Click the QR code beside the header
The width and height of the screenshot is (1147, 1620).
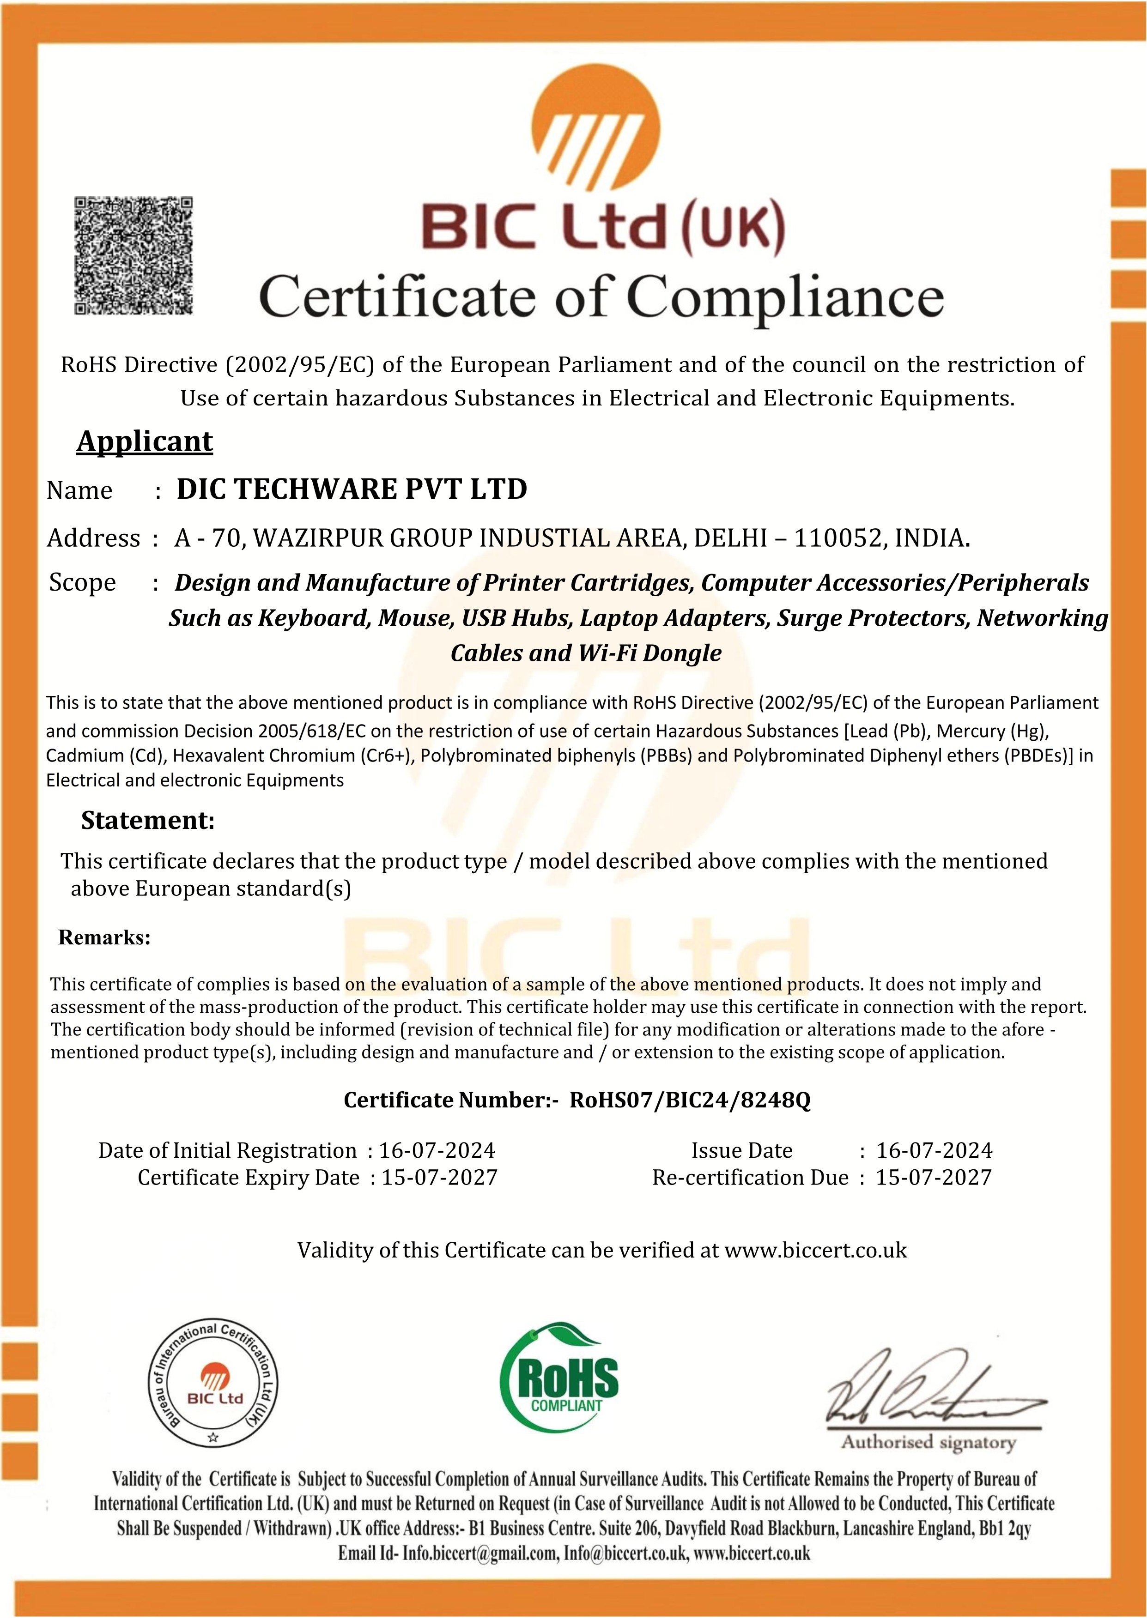[x=134, y=255]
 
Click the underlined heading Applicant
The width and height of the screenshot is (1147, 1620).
[x=144, y=442]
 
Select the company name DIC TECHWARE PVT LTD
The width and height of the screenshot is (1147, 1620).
[x=352, y=489]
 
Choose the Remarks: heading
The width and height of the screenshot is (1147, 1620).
[x=104, y=937]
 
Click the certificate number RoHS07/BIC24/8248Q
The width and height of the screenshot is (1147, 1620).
[x=690, y=1100]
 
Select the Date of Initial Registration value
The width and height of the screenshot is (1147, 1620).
[x=437, y=1151]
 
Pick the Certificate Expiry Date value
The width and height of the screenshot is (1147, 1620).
[x=439, y=1178]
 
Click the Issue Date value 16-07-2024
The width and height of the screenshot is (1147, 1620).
[x=934, y=1151]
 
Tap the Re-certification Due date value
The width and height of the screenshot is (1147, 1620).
[x=933, y=1178]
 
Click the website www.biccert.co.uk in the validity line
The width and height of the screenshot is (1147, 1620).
[x=816, y=1250]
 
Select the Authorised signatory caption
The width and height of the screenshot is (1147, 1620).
[x=927, y=1442]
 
